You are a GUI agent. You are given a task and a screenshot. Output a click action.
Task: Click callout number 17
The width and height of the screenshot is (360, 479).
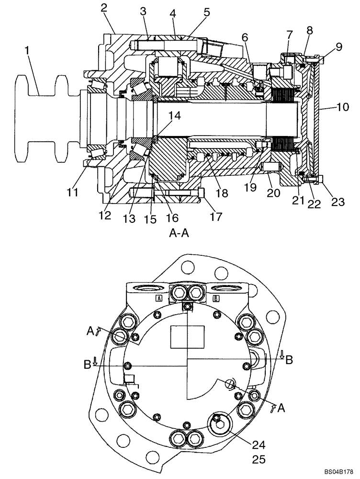215,217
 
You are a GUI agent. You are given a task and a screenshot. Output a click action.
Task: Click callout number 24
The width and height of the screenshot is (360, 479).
259,444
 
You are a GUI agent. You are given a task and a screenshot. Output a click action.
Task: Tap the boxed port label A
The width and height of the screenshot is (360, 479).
158,298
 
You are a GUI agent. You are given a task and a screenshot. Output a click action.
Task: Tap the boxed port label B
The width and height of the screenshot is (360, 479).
216,298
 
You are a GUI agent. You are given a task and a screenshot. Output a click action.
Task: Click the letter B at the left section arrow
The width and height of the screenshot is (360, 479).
87,365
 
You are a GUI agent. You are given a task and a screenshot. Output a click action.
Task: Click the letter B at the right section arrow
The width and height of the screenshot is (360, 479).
289,361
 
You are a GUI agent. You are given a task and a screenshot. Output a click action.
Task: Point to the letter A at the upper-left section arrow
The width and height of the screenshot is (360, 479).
90,331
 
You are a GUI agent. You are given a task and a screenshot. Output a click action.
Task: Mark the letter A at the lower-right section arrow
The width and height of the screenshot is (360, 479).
281,408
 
